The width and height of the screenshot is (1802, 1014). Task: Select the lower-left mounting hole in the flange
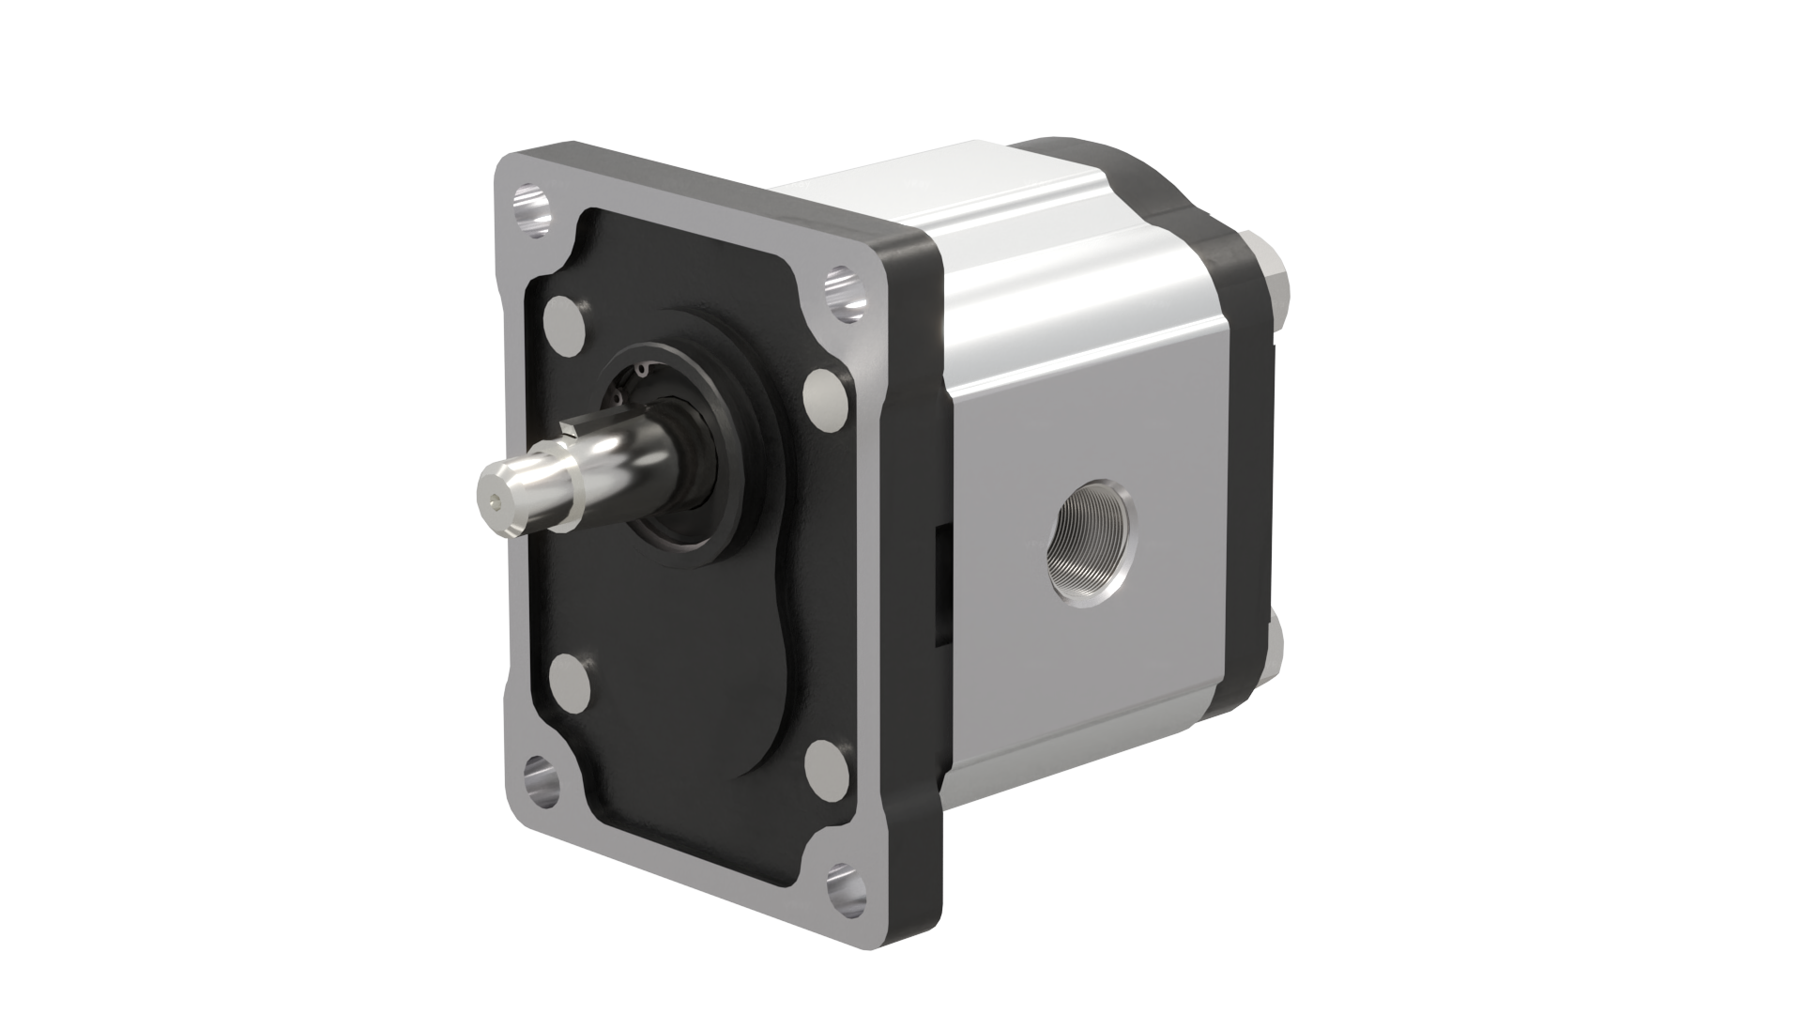[x=542, y=776]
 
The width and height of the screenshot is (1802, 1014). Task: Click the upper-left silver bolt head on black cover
[x=565, y=322]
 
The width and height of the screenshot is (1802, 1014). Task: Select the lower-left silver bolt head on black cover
[x=569, y=683]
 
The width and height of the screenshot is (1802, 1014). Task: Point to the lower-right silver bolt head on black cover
[x=825, y=767]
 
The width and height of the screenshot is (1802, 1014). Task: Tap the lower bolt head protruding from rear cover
[x=1279, y=648]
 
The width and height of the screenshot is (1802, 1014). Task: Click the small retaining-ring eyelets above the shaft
[x=631, y=385]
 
